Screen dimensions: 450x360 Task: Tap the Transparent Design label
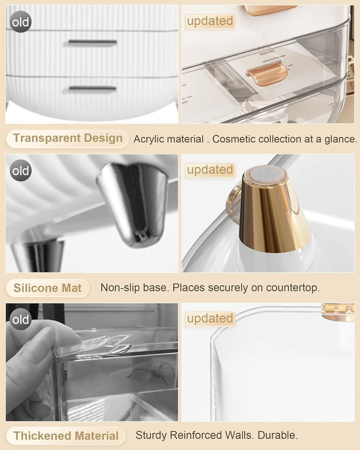pos(67,138)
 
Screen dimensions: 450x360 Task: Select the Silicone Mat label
pos(47,288)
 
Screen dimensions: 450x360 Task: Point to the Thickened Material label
pos(66,436)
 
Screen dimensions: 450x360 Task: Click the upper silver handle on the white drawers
pos(92,43)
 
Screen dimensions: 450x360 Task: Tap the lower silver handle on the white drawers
pos(92,88)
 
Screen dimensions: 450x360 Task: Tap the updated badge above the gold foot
pos(210,170)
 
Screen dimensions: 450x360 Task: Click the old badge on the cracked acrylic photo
pos(20,319)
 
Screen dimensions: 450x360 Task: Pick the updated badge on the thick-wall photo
pos(210,319)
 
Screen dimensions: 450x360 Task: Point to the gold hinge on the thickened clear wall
pos(338,312)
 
